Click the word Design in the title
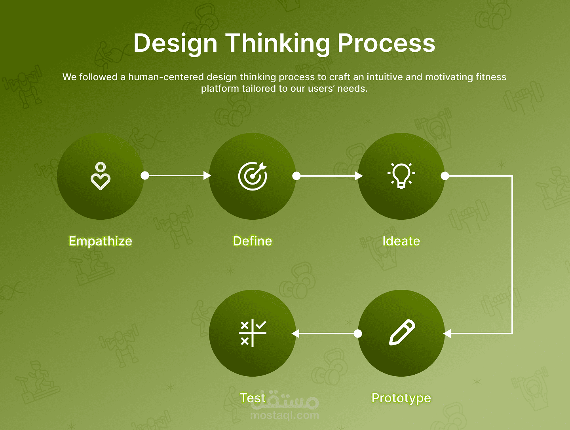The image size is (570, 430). pos(175,43)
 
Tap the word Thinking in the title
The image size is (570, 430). pos(277,43)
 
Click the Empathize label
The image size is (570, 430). pos(101,241)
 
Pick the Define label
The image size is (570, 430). pos(253,241)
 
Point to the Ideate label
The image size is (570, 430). pos(401,241)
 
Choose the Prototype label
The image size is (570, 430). pos(401,398)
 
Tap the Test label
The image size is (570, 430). pos(253,398)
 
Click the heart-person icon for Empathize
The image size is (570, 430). pos(101,176)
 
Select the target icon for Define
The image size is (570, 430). pos(253,176)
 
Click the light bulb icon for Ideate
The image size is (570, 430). pos(401,176)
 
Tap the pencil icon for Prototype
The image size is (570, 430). pos(402,332)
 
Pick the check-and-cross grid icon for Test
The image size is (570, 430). pos(253,333)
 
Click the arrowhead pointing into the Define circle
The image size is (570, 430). pos(207,175)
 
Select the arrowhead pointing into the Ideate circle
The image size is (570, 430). pos(359,176)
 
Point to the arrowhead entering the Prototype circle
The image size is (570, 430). pos(447,333)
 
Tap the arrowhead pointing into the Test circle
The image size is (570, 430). pos(296,333)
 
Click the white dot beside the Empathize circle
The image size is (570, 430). pos(144,175)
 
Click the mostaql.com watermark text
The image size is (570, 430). pos(285,415)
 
